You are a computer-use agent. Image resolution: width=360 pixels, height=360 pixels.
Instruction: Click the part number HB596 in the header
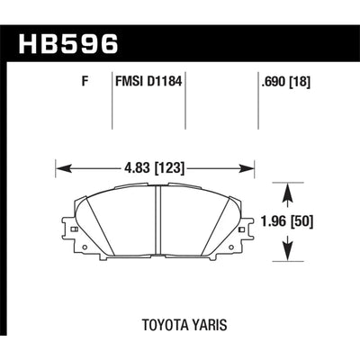click(68, 44)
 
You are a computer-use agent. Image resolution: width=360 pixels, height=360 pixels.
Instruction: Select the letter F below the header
click(85, 82)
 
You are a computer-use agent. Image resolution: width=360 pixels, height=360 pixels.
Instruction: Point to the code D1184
click(165, 82)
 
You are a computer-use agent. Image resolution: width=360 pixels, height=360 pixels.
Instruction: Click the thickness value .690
click(274, 82)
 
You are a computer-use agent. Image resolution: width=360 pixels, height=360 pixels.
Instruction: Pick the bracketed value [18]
click(300, 82)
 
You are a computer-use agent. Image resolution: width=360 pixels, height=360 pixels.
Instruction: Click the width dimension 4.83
click(137, 168)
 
